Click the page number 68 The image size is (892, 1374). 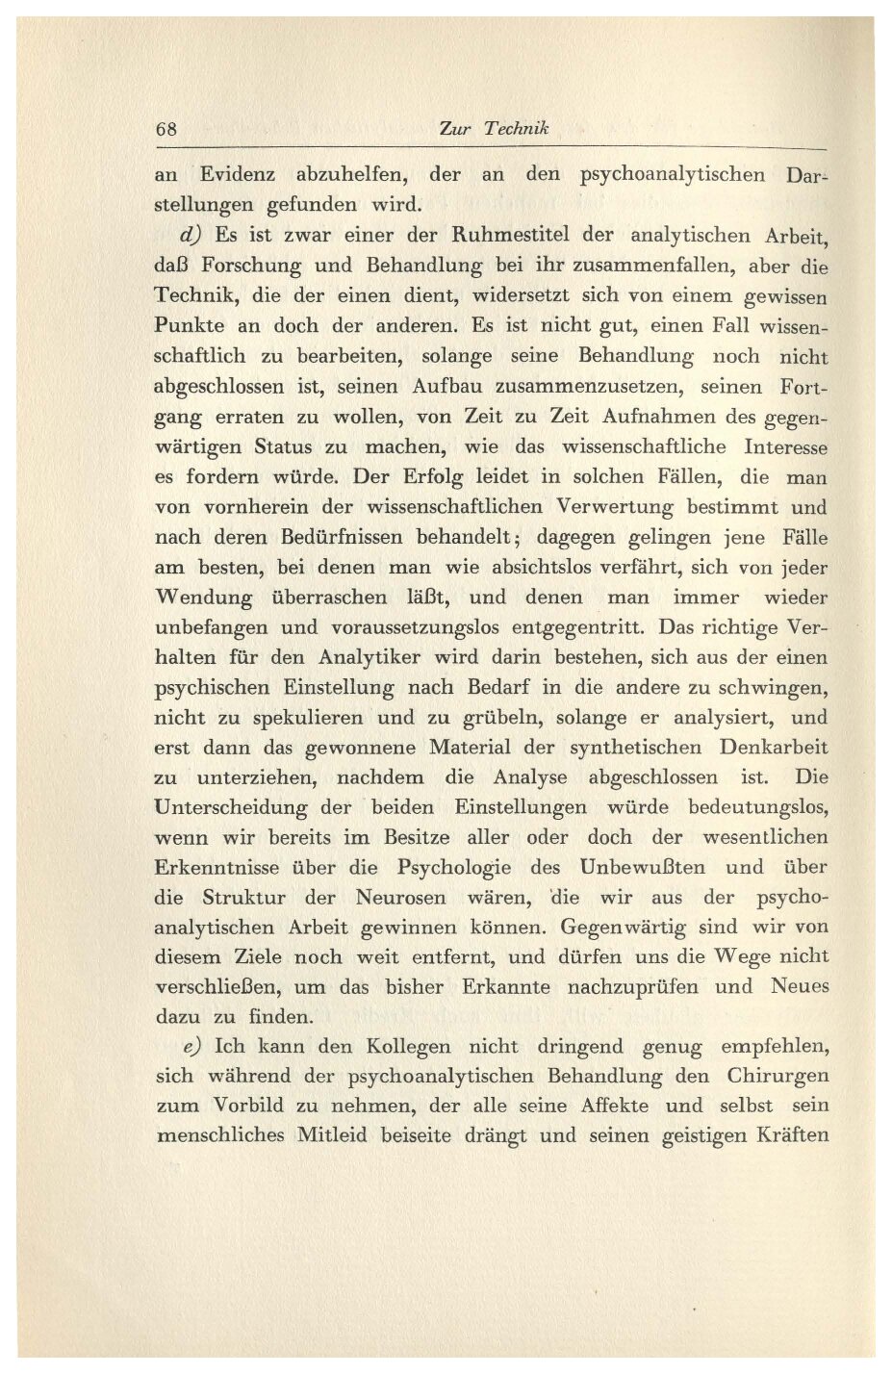[166, 129]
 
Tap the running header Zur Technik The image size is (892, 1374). [492, 129]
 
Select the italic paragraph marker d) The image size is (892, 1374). [190, 235]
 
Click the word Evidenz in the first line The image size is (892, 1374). [237, 175]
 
